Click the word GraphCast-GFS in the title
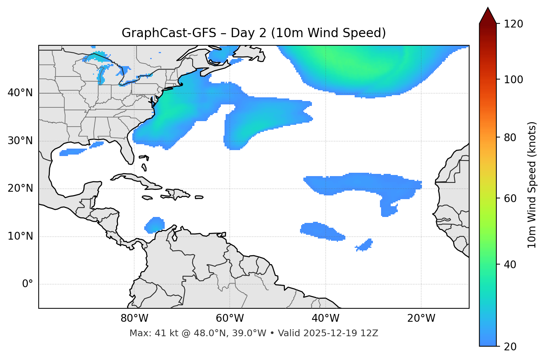168,33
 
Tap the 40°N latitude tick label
20,93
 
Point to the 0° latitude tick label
27,284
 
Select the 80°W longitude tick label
134,318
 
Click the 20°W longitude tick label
421,318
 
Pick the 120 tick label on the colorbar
513,24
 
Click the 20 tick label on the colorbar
510,347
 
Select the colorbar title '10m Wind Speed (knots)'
532,185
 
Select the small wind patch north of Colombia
155,225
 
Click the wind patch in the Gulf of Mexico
72,152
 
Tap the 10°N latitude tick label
20,236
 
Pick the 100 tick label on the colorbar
513,80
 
